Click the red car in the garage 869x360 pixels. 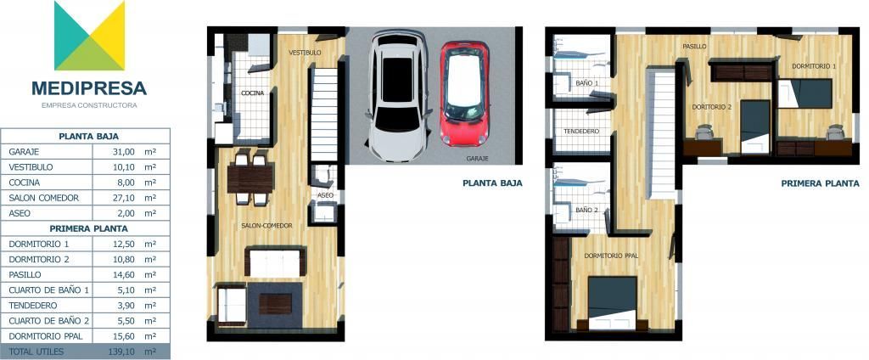(x=464, y=94)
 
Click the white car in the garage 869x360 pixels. (x=398, y=96)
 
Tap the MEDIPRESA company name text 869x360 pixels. (x=89, y=88)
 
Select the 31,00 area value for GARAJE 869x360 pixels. (x=124, y=151)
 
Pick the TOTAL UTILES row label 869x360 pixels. (x=36, y=352)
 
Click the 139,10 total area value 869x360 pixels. (x=122, y=352)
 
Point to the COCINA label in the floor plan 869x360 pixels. (x=252, y=93)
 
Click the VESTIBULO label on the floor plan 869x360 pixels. (x=305, y=53)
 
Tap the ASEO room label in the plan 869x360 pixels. (x=325, y=196)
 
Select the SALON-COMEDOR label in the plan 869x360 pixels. (x=266, y=226)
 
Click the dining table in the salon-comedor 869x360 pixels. (x=250, y=179)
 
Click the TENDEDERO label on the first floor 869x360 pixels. (x=581, y=132)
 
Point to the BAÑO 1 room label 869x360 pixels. (x=587, y=83)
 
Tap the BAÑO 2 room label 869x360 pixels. (x=587, y=211)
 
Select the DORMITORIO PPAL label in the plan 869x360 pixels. (x=611, y=256)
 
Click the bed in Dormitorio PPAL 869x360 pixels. (x=612, y=303)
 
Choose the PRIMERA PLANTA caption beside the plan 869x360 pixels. (x=821, y=183)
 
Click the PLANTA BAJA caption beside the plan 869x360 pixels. (x=492, y=183)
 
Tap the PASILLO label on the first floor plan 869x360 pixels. (x=694, y=47)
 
